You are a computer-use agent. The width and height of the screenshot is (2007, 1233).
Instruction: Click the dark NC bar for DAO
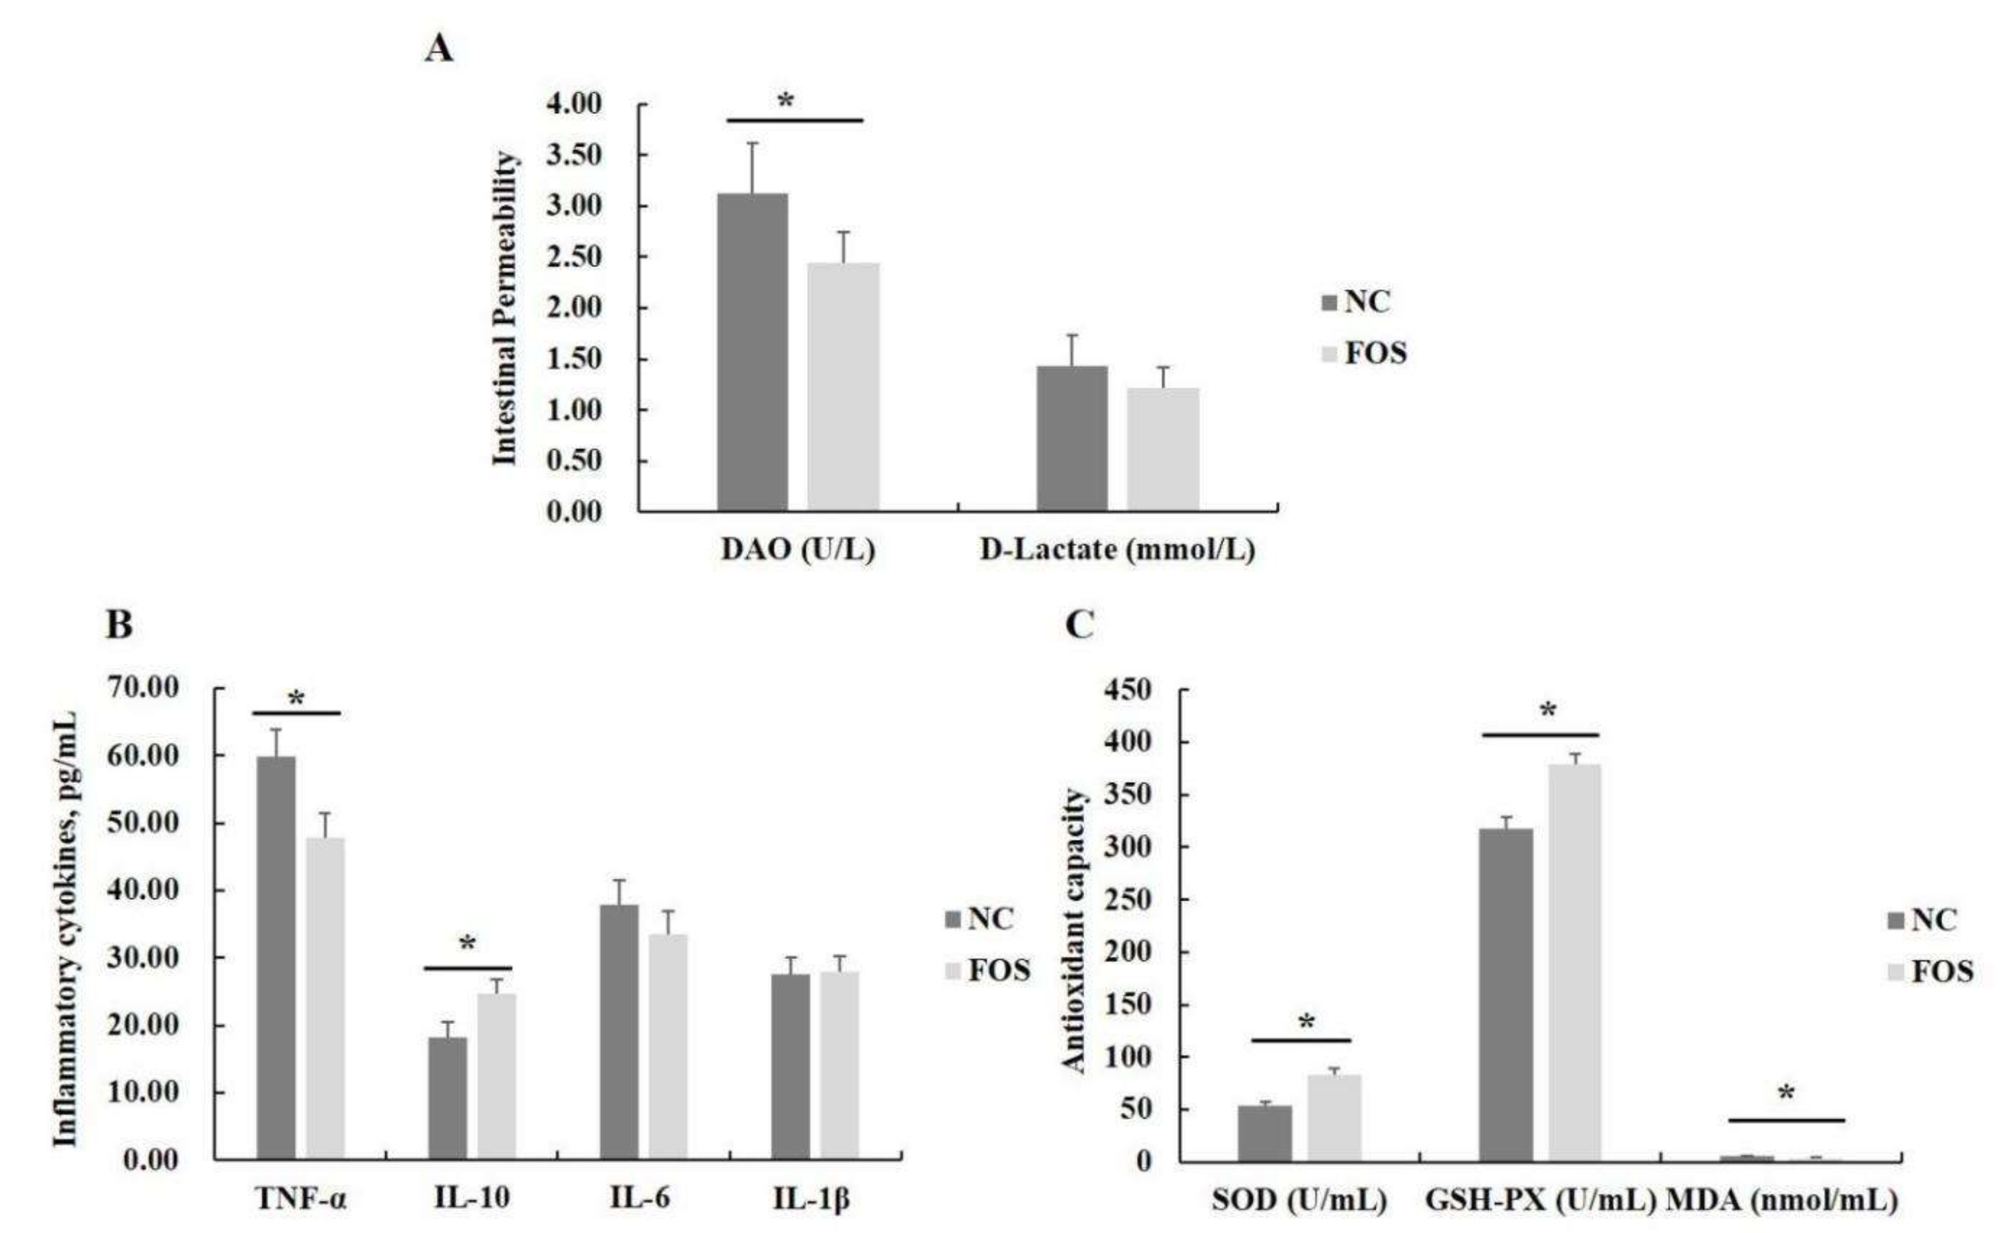(x=752, y=353)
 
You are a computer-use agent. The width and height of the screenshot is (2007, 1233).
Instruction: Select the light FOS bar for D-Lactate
(x=1163, y=450)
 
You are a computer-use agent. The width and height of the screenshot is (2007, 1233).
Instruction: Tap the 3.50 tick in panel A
(x=573, y=155)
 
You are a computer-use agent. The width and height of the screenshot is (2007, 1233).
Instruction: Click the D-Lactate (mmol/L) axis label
(x=1117, y=550)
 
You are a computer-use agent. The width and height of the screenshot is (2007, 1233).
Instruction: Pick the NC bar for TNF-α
(x=276, y=956)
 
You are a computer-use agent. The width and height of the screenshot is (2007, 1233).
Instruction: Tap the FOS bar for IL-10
(x=497, y=1075)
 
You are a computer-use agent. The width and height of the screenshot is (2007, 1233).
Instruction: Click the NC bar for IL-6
(x=619, y=1031)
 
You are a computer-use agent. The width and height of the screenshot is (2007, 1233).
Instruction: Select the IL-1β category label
(x=811, y=1198)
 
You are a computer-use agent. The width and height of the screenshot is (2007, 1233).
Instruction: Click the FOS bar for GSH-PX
(x=1575, y=962)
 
